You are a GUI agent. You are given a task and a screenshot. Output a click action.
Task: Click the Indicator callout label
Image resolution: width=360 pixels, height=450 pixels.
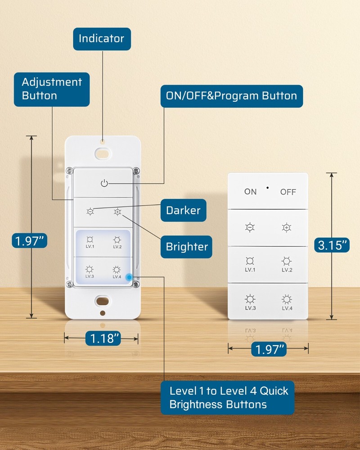[x=102, y=39]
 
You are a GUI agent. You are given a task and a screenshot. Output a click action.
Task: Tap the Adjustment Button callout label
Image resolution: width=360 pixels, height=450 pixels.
[x=52, y=89]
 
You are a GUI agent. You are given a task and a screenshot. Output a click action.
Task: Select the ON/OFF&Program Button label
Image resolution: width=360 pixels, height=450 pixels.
[x=232, y=96]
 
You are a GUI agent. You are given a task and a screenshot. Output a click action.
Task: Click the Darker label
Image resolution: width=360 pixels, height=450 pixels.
[x=183, y=210]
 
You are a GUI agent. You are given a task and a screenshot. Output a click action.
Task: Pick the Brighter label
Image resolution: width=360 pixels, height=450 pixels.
[x=186, y=246]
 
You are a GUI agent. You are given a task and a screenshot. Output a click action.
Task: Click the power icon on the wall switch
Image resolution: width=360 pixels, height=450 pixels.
[x=104, y=183]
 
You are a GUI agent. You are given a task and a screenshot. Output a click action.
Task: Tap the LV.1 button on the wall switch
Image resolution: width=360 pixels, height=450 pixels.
[x=90, y=242]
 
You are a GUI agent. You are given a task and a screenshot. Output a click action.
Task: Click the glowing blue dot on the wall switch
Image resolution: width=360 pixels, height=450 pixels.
[x=130, y=277]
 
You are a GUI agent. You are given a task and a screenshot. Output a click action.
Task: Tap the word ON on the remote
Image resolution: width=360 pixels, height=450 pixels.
[x=251, y=192]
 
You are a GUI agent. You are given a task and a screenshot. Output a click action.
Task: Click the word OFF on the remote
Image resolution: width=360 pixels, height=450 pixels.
[x=288, y=192]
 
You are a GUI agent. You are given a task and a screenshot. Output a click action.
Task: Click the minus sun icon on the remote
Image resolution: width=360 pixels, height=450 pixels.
[x=250, y=228]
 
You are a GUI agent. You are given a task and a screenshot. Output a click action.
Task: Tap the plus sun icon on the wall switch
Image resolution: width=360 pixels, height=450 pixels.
[x=118, y=211]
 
